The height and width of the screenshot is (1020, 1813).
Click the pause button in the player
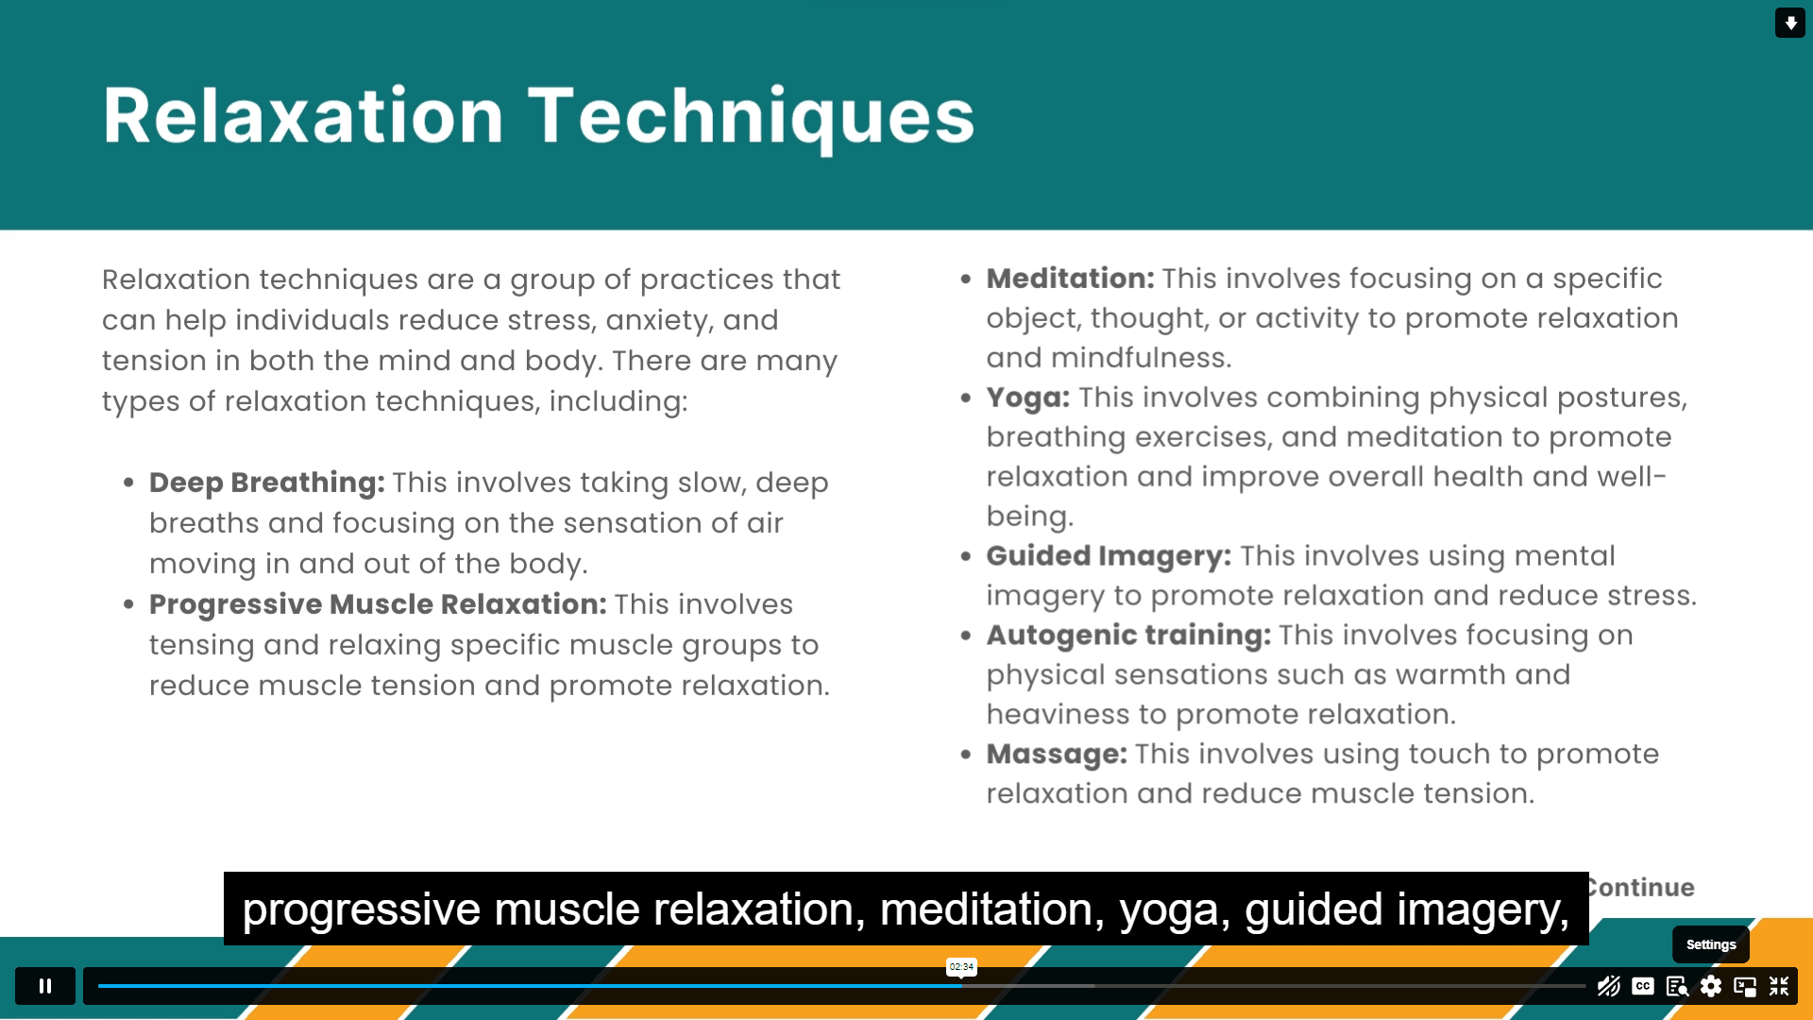(44, 986)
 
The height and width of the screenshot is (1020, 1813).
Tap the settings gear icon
(1711, 986)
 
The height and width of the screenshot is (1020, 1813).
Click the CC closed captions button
(1643, 986)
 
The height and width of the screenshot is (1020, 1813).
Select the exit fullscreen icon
(1779, 986)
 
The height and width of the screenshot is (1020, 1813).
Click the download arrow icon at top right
(1790, 23)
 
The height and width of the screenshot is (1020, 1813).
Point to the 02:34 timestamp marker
(961, 966)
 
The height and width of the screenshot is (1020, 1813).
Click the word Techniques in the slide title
(751, 116)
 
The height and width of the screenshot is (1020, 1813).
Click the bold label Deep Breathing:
(266, 483)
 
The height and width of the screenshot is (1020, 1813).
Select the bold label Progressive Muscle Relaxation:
(378, 604)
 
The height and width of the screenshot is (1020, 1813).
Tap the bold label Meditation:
(1070, 279)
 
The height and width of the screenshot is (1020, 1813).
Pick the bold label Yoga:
(1028, 398)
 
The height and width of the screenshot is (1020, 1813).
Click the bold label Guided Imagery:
(1109, 556)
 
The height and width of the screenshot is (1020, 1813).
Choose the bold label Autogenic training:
(1128, 636)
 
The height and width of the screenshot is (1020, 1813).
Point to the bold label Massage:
(1057, 755)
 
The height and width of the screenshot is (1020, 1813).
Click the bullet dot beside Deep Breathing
(128, 483)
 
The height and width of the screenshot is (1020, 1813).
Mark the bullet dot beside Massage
(965, 755)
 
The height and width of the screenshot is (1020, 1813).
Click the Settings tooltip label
(1711, 944)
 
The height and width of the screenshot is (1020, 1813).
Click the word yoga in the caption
(1175, 910)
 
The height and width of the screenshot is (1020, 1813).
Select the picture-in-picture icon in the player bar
(1745, 986)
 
